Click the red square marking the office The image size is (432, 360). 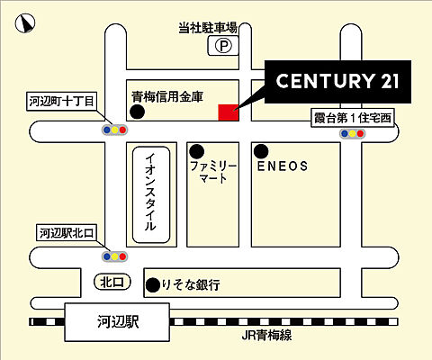point(229,112)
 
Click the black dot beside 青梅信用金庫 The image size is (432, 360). point(137,112)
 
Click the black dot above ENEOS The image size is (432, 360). point(260,150)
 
